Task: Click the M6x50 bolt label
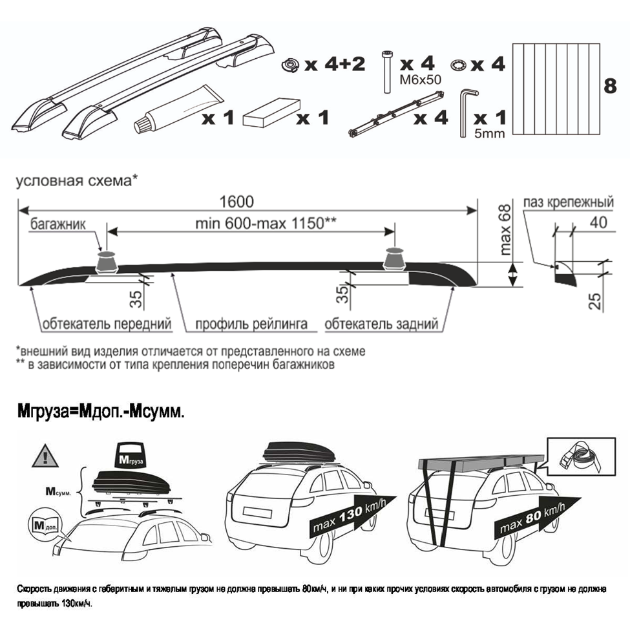(x=420, y=80)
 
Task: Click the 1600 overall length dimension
(x=236, y=202)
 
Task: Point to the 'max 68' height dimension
(x=506, y=229)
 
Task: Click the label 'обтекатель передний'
(x=107, y=324)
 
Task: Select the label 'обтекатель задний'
(x=381, y=324)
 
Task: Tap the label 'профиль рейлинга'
(x=251, y=324)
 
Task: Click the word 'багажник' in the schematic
(x=58, y=224)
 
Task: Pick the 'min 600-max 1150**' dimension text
(x=266, y=223)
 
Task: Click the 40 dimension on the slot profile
(x=598, y=222)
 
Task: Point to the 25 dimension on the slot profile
(x=596, y=301)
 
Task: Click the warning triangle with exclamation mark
(x=45, y=456)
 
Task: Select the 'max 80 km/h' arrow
(x=537, y=518)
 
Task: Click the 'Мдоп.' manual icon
(x=44, y=526)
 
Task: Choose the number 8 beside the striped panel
(x=610, y=87)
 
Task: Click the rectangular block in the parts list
(x=271, y=113)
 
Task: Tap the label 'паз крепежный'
(x=569, y=202)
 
